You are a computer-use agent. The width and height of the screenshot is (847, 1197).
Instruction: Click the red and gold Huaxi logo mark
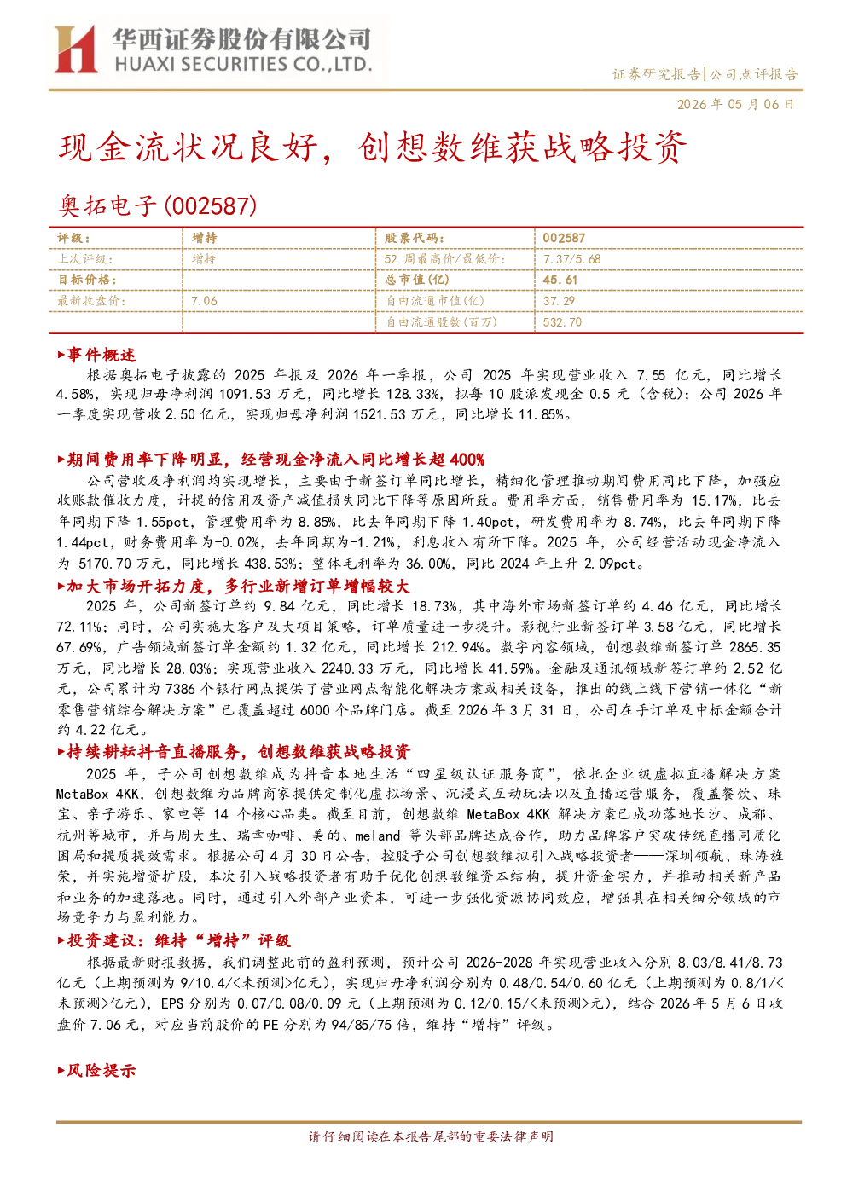[x=76, y=49]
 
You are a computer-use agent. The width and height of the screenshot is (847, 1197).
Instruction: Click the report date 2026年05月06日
[x=735, y=104]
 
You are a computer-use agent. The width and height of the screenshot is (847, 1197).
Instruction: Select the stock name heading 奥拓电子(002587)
[x=157, y=205]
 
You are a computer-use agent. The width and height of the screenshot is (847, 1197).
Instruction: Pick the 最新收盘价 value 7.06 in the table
[x=204, y=301]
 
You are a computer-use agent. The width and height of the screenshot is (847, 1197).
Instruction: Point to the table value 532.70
[x=562, y=321]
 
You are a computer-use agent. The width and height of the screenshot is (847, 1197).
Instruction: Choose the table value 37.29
[x=559, y=301]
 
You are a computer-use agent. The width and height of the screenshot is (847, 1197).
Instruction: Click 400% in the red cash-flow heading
[x=467, y=459]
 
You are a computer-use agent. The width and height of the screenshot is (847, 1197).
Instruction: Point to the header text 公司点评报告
[x=753, y=74]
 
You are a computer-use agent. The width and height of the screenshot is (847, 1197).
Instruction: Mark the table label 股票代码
[x=414, y=239]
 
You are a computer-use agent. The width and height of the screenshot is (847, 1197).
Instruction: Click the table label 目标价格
[x=87, y=280]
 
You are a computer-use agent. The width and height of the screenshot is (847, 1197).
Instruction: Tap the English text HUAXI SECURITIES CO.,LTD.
[x=243, y=65]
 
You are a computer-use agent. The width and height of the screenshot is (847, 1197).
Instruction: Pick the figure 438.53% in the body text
[x=270, y=564]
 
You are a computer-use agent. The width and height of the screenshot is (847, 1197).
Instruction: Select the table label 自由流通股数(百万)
[x=441, y=321]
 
